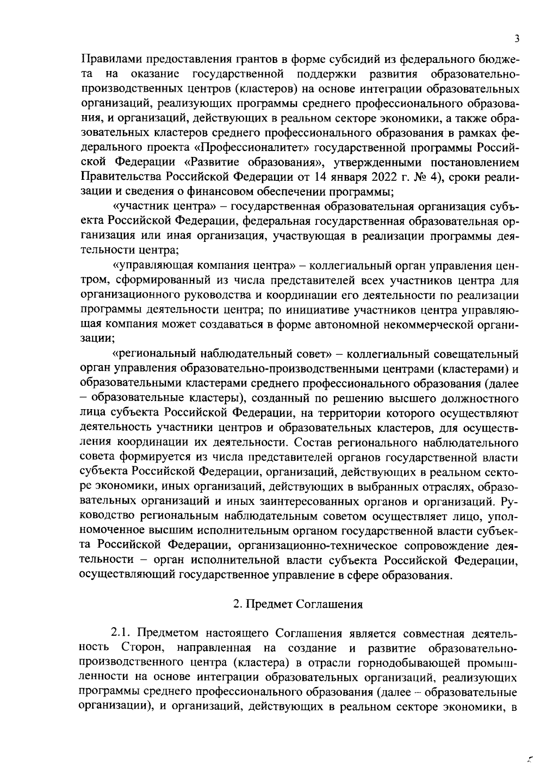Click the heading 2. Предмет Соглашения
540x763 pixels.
(x=298, y=604)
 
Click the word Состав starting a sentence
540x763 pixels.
(x=313, y=442)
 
